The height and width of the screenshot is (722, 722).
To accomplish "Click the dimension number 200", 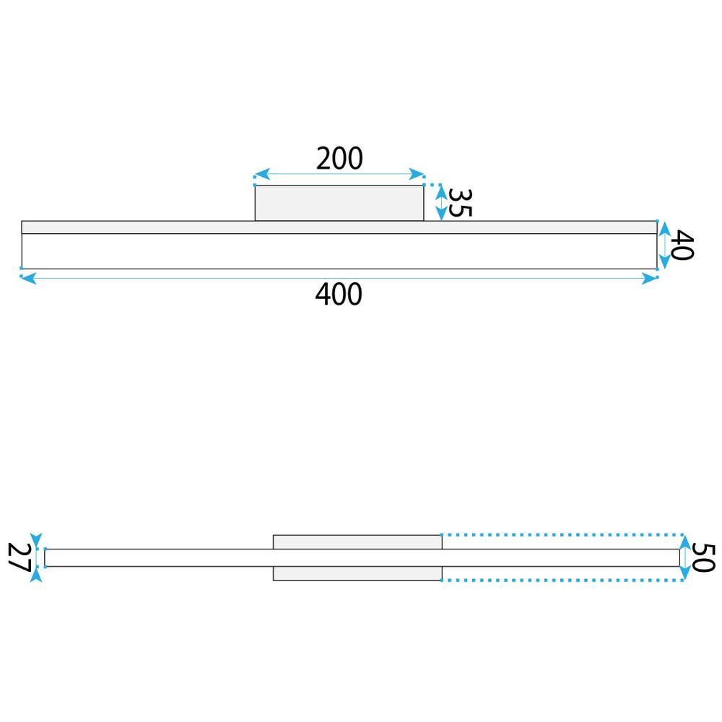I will pyautogui.click(x=339, y=158).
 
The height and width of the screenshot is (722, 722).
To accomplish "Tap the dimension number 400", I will pyautogui.click(x=339, y=295).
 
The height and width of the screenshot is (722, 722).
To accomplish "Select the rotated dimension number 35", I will pyautogui.click(x=459, y=203).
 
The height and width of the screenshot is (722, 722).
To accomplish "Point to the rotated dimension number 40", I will pyautogui.click(x=682, y=245).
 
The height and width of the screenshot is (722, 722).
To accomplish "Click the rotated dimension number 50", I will pyautogui.click(x=703, y=557).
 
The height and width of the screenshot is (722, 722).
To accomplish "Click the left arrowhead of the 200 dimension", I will pyautogui.click(x=261, y=175).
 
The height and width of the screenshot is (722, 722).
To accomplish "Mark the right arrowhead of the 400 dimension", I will pyautogui.click(x=650, y=278).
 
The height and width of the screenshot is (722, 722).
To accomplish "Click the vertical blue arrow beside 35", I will pyautogui.click(x=440, y=203).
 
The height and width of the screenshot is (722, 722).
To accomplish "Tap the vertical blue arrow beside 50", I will pyautogui.click(x=685, y=557).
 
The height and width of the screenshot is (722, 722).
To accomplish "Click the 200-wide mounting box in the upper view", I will pyautogui.click(x=339, y=203).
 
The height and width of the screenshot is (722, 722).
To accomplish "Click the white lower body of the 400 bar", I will pyautogui.click(x=339, y=251).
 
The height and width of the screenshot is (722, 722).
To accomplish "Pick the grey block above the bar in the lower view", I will pyautogui.click(x=357, y=542).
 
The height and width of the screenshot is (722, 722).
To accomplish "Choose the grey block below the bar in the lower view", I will pyautogui.click(x=357, y=573).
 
